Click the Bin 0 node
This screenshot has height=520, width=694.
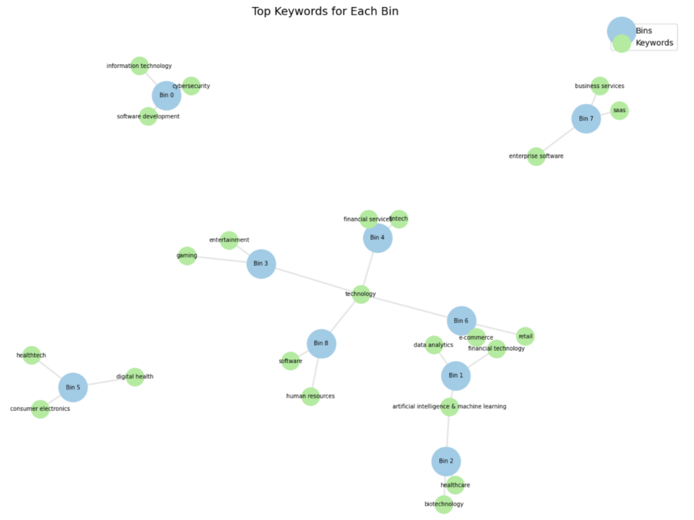tap(166, 96)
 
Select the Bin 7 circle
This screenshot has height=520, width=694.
tap(586, 119)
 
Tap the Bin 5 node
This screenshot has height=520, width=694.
tap(73, 387)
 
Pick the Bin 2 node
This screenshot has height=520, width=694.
tap(446, 461)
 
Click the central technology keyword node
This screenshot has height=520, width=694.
tap(361, 294)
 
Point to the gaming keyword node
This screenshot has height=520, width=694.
tap(187, 256)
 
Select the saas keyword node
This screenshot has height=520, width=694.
tap(619, 110)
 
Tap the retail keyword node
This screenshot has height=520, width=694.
tap(525, 336)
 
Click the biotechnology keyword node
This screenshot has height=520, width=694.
tap(444, 504)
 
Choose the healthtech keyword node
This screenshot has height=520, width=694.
tap(31, 355)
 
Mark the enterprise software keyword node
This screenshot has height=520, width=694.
tap(536, 156)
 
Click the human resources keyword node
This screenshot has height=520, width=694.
tap(310, 396)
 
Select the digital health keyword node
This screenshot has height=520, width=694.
tap(135, 377)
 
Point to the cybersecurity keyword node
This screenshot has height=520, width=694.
tap(191, 86)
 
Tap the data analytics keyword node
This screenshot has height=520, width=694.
tap(434, 345)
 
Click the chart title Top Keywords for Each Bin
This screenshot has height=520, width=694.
tap(325, 11)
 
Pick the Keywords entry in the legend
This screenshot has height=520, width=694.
tap(654, 43)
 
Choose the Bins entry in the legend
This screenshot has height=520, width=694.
tap(643, 31)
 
